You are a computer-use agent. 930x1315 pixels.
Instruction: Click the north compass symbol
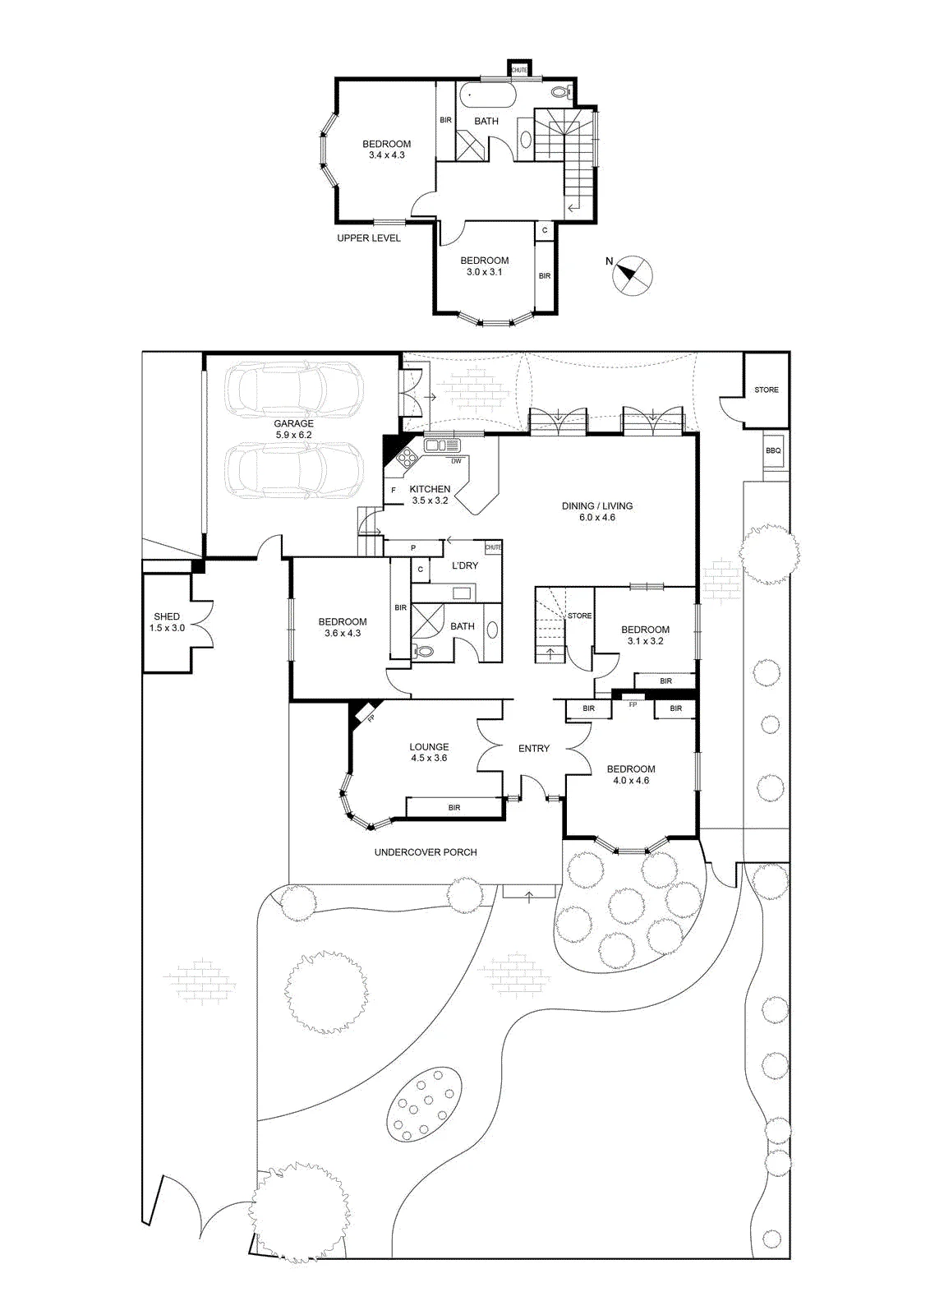coord(633,274)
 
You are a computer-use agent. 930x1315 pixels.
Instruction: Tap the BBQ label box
coord(773,450)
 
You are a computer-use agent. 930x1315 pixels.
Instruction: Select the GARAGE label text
coord(293,423)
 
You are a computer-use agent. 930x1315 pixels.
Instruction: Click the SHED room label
coord(167,616)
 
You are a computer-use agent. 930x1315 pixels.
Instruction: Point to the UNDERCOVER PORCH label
coord(426,851)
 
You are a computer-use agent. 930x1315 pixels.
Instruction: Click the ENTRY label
coord(534,749)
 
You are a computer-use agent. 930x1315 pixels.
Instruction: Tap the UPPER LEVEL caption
coord(369,238)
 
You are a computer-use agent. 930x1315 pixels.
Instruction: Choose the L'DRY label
coord(465,565)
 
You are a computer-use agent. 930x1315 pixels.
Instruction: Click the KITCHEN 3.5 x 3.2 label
coord(430,494)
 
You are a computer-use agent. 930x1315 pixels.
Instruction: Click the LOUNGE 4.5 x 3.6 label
coord(429,752)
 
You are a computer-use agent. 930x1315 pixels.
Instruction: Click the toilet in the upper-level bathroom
coord(561,91)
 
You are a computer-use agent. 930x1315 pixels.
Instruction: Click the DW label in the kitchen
coord(456,461)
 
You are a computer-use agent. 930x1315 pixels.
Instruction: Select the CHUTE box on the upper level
coord(519,69)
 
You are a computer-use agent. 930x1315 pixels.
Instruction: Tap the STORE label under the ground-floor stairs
coord(579,616)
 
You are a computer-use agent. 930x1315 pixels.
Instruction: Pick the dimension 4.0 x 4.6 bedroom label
coord(631,780)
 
